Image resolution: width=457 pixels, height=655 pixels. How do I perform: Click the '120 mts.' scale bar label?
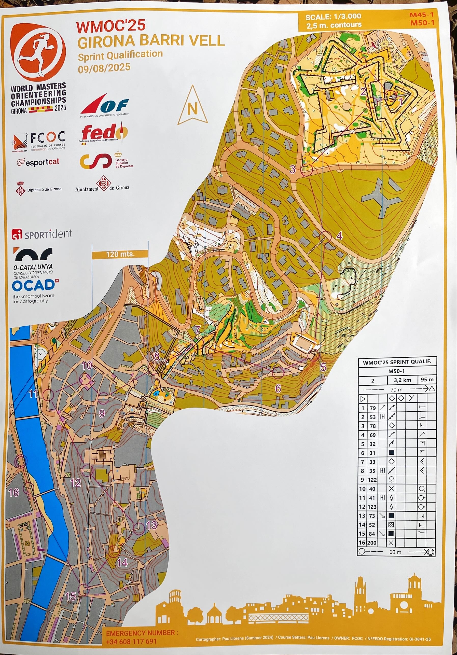(x=120, y=254)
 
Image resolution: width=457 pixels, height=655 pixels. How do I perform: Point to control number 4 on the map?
(x=339, y=236)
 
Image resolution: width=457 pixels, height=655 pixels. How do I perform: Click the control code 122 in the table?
(x=372, y=480)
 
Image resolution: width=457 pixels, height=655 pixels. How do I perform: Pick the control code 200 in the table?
(x=372, y=542)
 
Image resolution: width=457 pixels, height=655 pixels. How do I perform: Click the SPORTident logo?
(x=42, y=234)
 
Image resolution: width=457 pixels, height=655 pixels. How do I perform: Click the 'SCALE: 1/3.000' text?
(x=333, y=17)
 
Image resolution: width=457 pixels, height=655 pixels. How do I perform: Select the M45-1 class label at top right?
(x=422, y=15)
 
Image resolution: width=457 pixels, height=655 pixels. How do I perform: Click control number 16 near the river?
(x=14, y=492)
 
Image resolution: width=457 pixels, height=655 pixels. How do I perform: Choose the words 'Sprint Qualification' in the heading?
(x=120, y=55)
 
